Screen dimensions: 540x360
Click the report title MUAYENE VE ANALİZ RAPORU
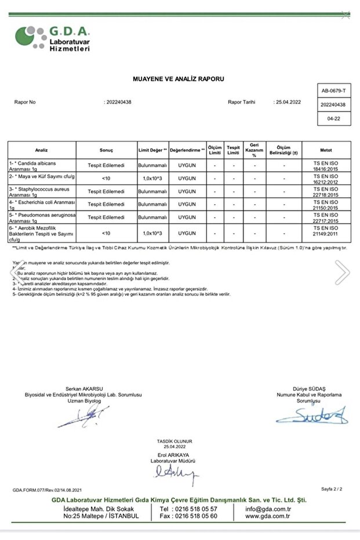tap(178, 78)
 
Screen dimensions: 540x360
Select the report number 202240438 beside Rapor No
tap(119, 102)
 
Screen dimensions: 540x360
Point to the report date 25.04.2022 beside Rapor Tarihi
tap(288, 102)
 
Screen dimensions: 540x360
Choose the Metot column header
tap(326, 150)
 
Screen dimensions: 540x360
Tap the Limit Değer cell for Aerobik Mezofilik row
tap(153, 233)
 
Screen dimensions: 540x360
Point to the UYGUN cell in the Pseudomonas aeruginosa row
tap(187, 218)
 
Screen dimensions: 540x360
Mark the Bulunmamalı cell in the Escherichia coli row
tap(153, 204)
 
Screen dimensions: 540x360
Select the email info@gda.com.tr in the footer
tap(267, 509)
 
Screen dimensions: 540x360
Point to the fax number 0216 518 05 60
tap(188, 516)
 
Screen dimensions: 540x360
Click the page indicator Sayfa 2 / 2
tap(332, 490)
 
